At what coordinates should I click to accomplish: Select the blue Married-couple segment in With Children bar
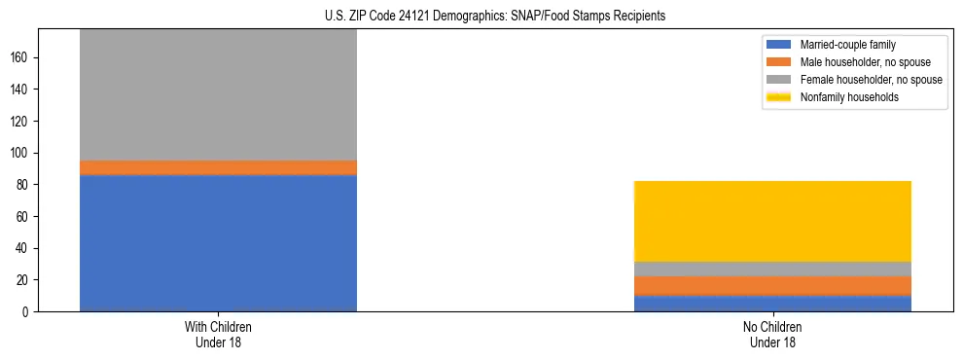pyautogui.click(x=218, y=243)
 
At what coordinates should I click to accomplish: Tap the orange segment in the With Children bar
pyautogui.click(x=218, y=167)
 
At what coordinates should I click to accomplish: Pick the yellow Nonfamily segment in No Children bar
pyautogui.click(x=772, y=221)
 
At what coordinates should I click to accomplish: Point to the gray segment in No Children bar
pyautogui.click(x=772, y=270)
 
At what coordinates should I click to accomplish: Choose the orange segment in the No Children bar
pyautogui.click(x=772, y=286)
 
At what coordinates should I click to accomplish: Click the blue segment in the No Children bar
pyautogui.click(x=772, y=304)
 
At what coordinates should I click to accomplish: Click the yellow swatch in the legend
pyautogui.click(x=779, y=97)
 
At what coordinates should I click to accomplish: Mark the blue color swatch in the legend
pyautogui.click(x=779, y=45)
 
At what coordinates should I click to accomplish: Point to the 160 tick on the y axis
pyautogui.click(x=21, y=57)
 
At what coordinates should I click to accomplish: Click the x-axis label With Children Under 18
pyautogui.click(x=218, y=335)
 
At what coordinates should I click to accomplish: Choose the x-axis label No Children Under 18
pyautogui.click(x=772, y=335)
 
